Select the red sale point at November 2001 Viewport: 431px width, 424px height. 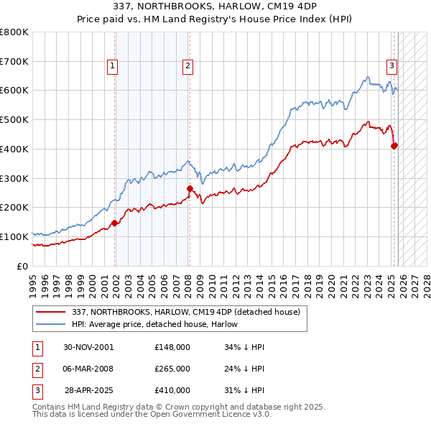pyautogui.click(x=115, y=223)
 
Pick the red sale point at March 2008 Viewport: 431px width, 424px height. pyautogui.click(x=190, y=189)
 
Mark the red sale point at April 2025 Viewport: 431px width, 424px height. pyautogui.click(x=394, y=146)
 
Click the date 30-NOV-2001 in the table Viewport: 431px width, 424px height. pyautogui.click(x=88, y=347)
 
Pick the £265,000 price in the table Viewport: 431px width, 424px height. pyautogui.click(x=172, y=369)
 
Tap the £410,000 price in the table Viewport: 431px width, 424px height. pyautogui.click(x=172, y=390)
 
